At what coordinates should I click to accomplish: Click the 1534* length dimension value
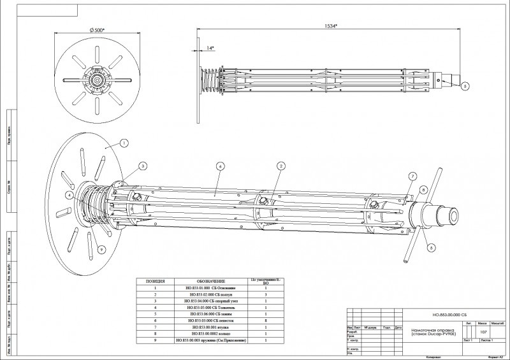point(330,25)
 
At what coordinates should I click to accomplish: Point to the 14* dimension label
point(210,47)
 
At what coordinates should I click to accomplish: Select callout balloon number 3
point(143,166)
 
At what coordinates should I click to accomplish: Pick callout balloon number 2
point(280,166)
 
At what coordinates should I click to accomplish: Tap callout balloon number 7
point(412,176)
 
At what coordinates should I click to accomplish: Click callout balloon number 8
point(423,190)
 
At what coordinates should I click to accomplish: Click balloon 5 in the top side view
point(464,85)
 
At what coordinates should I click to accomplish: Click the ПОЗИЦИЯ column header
point(156,280)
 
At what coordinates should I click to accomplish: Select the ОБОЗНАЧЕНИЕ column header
point(210,280)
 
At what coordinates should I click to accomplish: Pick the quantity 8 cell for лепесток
point(265,321)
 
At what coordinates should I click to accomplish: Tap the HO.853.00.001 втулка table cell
point(210,328)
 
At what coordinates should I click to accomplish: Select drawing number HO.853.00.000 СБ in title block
point(449,315)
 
